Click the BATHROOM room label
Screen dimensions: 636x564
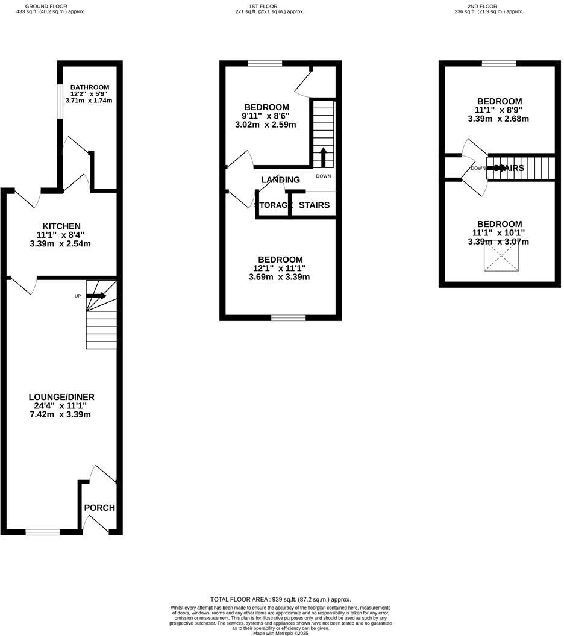(90, 87)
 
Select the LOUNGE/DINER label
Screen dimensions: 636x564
(61, 397)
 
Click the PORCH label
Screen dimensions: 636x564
(99, 508)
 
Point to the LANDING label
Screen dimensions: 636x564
(280, 179)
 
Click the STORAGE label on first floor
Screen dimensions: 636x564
(274, 205)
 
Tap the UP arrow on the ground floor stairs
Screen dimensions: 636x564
(96, 296)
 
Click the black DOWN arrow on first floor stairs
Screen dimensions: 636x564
(323, 158)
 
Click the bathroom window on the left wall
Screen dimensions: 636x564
(60, 101)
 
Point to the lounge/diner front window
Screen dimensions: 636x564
(43, 532)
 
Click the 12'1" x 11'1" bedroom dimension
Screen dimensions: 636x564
(280, 268)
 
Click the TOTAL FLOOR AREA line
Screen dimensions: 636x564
(280, 599)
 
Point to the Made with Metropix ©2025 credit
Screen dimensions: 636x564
(280, 633)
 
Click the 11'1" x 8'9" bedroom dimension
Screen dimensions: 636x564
(500, 110)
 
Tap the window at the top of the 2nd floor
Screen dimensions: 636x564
(499, 63)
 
